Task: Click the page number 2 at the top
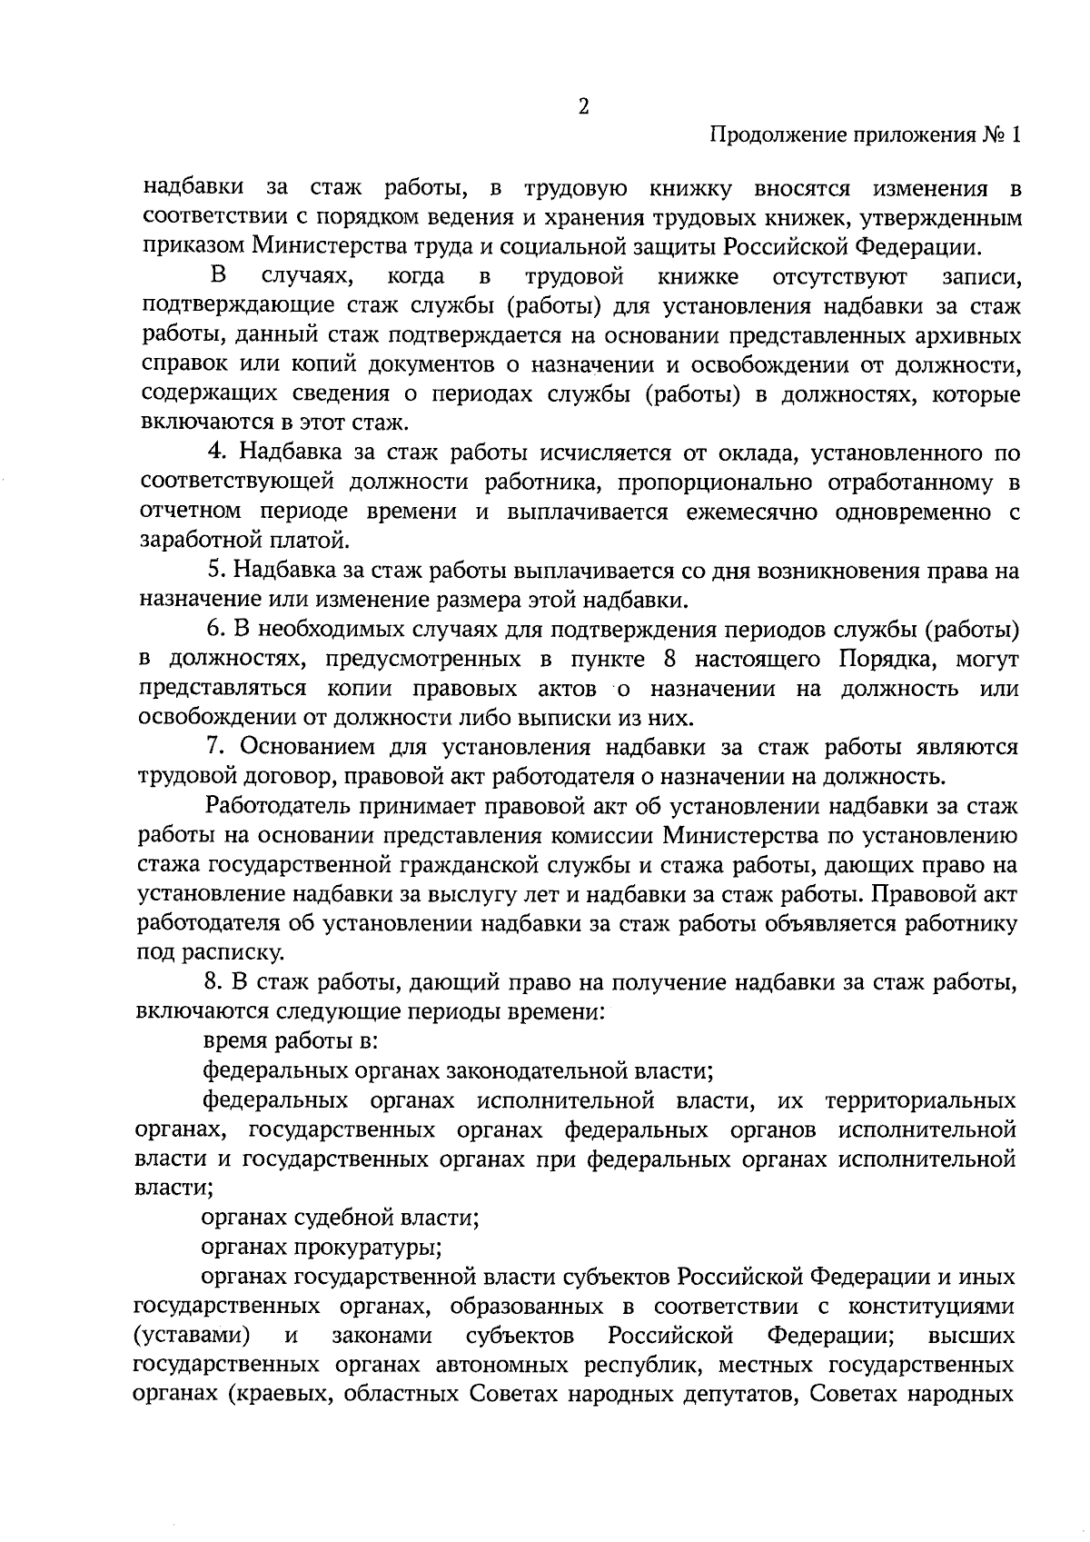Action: [x=583, y=106]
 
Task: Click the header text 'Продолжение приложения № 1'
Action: [x=865, y=135]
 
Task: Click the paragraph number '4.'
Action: [x=216, y=453]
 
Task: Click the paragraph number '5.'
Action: [x=216, y=571]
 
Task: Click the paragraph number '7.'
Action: [x=216, y=747]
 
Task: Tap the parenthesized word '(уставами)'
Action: [x=192, y=1335]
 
